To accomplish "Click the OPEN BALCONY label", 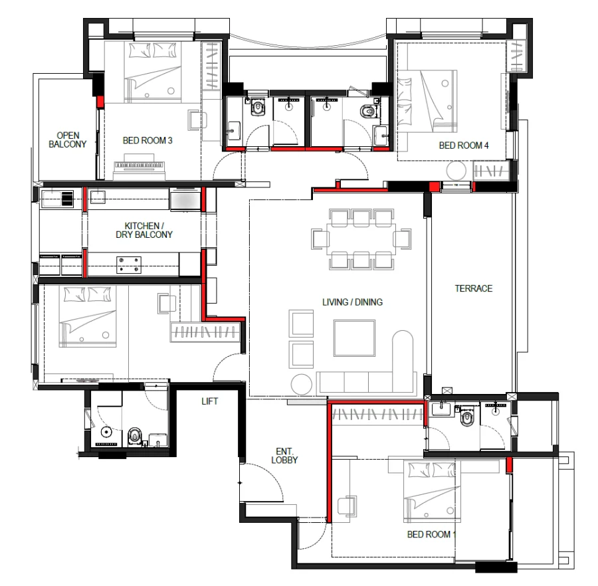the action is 68,140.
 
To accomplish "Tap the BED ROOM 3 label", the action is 148,141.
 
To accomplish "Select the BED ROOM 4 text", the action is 464,146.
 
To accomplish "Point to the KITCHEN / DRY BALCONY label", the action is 144,231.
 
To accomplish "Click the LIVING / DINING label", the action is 352,302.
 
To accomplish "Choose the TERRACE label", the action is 474,288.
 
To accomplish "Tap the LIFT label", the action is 210,401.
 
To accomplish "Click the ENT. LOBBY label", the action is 284,456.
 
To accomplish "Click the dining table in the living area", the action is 361,239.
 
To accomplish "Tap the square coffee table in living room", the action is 354,338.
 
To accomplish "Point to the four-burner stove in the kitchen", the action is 129,265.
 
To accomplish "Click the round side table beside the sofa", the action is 301,384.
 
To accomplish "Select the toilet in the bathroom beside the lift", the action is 135,436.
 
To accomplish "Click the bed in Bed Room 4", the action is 427,101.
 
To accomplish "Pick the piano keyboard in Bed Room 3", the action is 140,165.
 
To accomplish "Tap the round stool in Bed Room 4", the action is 456,171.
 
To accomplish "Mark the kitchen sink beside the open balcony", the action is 57,199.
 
